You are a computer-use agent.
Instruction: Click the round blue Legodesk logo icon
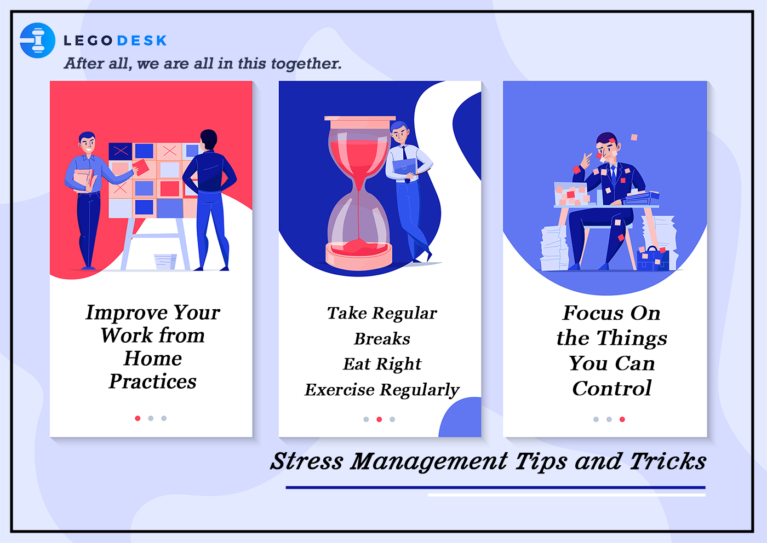coord(37,41)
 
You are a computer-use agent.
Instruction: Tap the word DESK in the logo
coord(142,41)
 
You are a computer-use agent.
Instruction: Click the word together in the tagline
coord(306,63)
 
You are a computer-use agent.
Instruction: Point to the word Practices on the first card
coord(153,381)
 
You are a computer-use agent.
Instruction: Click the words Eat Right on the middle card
coord(382,364)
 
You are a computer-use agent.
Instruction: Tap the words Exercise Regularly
coord(382,390)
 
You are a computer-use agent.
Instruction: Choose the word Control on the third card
coord(612,388)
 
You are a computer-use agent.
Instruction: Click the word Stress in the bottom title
coord(306,461)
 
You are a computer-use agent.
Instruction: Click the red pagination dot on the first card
coord(138,418)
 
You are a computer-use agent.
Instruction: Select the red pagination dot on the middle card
coord(379,419)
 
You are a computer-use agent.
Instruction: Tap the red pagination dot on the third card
coord(622,419)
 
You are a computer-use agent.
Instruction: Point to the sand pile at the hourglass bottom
coord(358,247)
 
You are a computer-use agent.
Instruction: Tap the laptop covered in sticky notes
coord(571,194)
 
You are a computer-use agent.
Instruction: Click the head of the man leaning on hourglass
coord(399,132)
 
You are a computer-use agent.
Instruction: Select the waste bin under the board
coord(165,262)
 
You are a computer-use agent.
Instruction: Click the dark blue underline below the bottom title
coord(495,487)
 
